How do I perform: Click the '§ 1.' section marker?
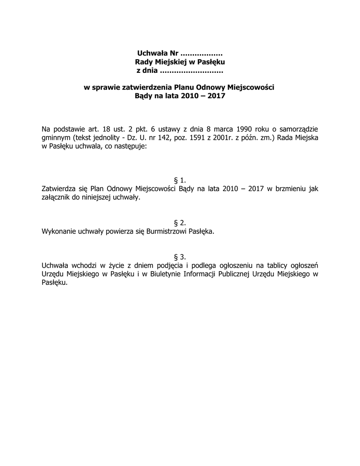(180, 180)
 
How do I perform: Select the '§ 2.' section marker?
(180, 223)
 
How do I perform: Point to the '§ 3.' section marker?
(180, 257)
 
